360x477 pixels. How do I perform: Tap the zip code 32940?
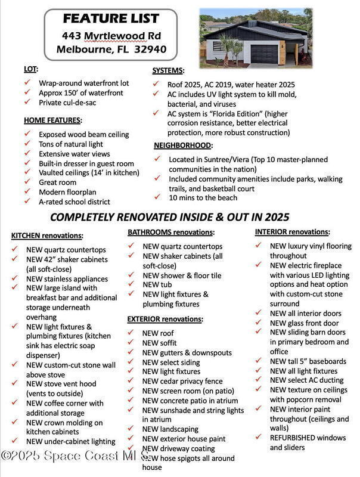(150, 49)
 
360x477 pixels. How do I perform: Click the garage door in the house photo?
(265, 53)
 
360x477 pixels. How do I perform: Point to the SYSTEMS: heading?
(168, 70)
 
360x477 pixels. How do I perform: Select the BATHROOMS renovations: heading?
(170, 231)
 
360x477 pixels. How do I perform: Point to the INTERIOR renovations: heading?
(294, 231)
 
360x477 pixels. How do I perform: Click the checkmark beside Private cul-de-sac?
(27, 103)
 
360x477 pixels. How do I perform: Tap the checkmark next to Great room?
(27, 182)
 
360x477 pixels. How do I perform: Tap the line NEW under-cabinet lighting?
(70, 441)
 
